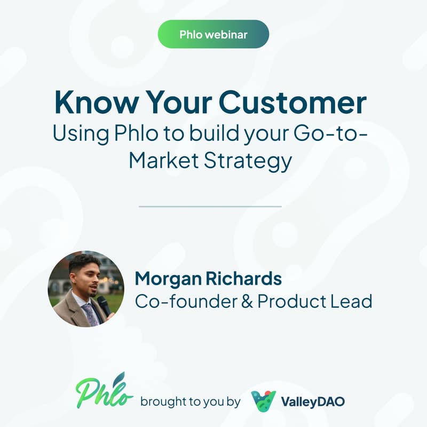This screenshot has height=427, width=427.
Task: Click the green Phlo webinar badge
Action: (x=213, y=34)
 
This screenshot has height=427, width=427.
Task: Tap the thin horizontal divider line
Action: (x=210, y=206)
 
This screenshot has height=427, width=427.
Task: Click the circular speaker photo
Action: (x=85, y=289)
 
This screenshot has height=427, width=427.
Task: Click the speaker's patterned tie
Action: (x=89, y=313)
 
